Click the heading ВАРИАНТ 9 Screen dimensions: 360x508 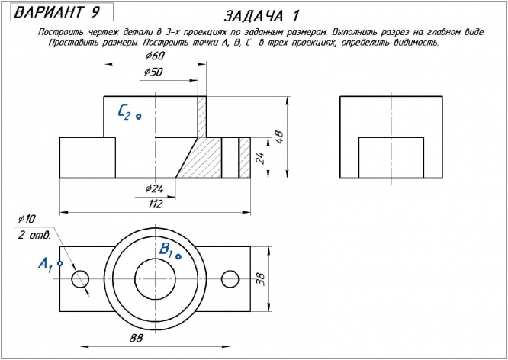pyautogui.click(x=56, y=12)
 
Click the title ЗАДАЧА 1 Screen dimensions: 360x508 pyautogui.click(x=262, y=16)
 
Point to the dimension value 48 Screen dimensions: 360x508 pyautogui.click(x=279, y=137)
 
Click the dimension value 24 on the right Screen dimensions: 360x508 pyautogui.click(x=259, y=157)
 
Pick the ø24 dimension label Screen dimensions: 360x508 pyautogui.click(x=155, y=188)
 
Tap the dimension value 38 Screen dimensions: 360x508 pyautogui.click(x=259, y=279)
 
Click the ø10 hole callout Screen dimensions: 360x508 pyautogui.click(x=27, y=219)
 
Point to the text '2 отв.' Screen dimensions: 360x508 pyautogui.click(x=34, y=234)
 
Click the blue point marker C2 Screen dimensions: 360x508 pyautogui.click(x=139, y=116)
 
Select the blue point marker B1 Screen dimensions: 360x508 pyautogui.click(x=178, y=256)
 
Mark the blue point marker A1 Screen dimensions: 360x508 pyautogui.click(x=59, y=263)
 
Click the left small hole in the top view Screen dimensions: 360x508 pyautogui.click(x=81, y=278)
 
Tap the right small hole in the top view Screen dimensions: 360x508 pyautogui.click(x=230, y=278)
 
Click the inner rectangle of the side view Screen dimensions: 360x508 pyautogui.click(x=391, y=157)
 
